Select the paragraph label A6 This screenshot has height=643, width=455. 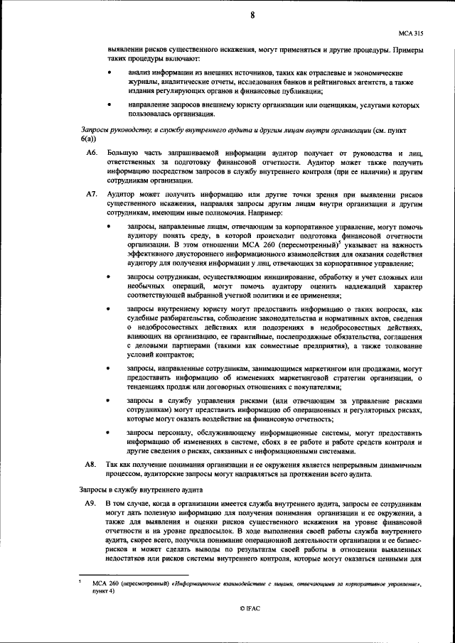pyautogui.click(x=91, y=153)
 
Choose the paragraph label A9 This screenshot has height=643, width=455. pyautogui.click(x=91, y=503)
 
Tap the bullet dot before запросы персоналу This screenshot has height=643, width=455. pyautogui.click(x=109, y=433)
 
